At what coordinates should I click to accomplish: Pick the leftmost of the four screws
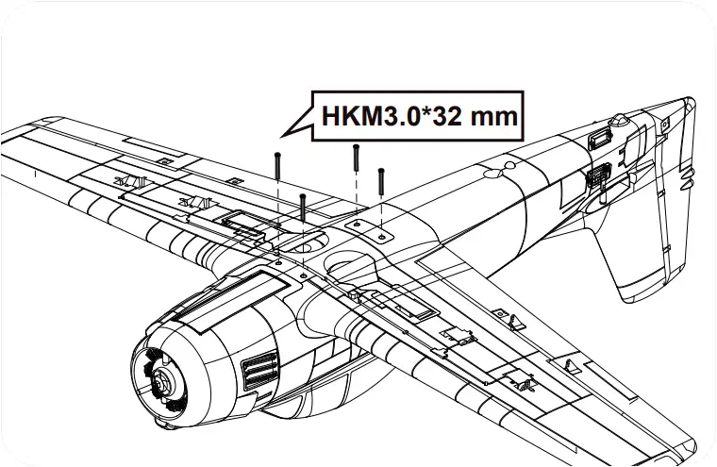click(x=279, y=165)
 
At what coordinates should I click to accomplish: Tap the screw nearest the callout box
click(x=356, y=158)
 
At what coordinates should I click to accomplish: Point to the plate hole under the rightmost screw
click(x=380, y=234)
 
